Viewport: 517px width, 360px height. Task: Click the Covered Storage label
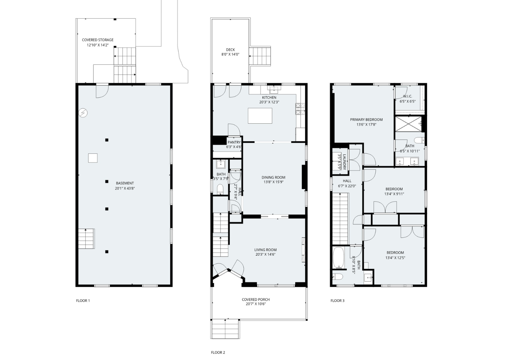(98, 40)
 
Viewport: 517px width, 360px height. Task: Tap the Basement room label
(125, 183)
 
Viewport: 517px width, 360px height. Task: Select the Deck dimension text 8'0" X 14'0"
(230, 54)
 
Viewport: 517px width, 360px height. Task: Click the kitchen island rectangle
(260, 116)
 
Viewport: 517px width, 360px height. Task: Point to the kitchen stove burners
(300, 109)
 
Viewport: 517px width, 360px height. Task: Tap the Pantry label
(234, 142)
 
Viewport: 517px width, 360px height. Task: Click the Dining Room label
(273, 177)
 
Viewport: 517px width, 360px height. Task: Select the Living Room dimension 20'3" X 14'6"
(266, 254)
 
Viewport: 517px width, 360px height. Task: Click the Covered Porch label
(256, 299)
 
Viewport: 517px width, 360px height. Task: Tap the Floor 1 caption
(83, 300)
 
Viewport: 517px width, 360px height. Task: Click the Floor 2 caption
(218, 352)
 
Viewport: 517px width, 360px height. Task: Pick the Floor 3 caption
(338, 300)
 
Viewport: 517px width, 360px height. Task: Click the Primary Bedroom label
(366, 119)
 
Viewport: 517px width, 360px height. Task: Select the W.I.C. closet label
(408, 96)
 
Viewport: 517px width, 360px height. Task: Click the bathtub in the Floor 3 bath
(339, 258)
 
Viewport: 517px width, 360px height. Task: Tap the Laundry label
(344, 162)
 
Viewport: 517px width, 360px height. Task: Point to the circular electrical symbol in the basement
(83, 113)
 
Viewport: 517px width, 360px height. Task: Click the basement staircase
(86, 239)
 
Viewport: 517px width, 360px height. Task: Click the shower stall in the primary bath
(409, 124)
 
